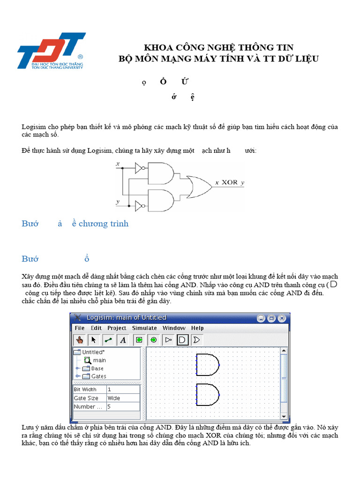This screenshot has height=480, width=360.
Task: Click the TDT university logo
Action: tap(51, 51)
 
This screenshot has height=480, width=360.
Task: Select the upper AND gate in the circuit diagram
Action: tap(160, 173)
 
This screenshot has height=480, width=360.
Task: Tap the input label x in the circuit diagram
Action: tap(117, 164)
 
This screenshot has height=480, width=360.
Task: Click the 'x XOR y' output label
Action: tap(230, 183)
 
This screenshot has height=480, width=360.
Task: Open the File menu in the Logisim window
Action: tap(80, 328)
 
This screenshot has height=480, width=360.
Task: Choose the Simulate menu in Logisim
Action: tap(144, 328)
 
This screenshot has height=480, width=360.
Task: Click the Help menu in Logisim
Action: tap(197, 328)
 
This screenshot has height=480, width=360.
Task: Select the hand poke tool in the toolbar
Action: tap(80, 340)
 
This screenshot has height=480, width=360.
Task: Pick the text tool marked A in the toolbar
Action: tap(123, 340)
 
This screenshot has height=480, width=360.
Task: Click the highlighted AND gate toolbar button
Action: tap(183, 340)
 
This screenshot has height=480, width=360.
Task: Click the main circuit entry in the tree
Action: tap(99, 360)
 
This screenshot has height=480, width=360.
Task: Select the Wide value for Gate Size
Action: tap(114, 398)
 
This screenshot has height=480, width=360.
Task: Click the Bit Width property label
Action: tap(85, 390)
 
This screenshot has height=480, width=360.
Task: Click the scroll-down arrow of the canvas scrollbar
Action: tap(284, 416)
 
